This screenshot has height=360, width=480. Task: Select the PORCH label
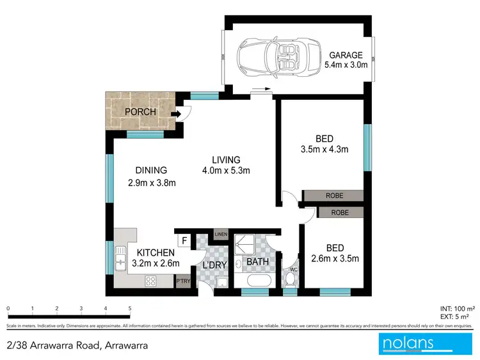click(x=140, y=113)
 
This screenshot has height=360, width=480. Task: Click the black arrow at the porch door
click(x=177, y=114)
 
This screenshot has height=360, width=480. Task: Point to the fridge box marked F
click(x=184, y=241)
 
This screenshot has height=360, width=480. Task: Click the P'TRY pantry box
click(x=183, y=281)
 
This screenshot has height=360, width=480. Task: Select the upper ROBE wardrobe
click(x=332, y=196)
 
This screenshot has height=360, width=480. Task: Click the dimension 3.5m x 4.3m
click(x=323, y=150)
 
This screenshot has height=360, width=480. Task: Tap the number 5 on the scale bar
click(x=130, y=308)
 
